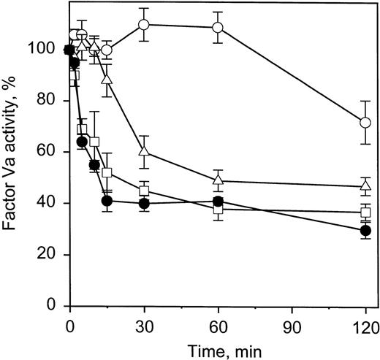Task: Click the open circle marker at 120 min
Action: pyautogui.click(x=365, y=122)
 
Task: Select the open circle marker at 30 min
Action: pyautogui.click(x=144, y=25)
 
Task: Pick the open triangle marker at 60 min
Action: pyautogui.click(x=217, y=179)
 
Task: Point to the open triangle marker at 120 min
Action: pyautogui.click(x=365, y=185)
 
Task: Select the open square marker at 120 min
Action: pyautogui.click(x=365, y=212)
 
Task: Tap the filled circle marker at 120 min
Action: pyautogui.click(x=365, y=231)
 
